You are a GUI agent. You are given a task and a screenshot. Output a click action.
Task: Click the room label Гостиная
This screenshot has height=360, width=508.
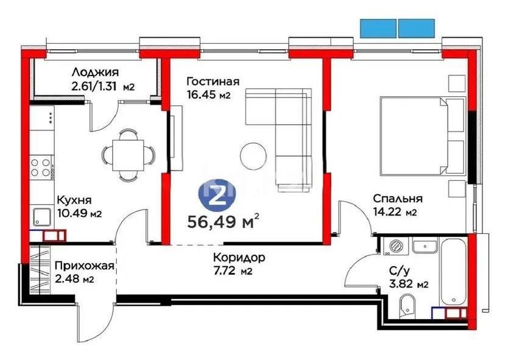click(213, 82)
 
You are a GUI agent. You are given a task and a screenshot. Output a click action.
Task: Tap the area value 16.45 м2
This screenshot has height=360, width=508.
click(208, 95)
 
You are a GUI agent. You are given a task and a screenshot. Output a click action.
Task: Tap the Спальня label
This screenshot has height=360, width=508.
click(398, 199)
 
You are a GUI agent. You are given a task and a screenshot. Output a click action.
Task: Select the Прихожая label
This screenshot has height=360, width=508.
click(84, 266)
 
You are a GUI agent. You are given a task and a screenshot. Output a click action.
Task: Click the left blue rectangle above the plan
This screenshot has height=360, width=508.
click(378, 28)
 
